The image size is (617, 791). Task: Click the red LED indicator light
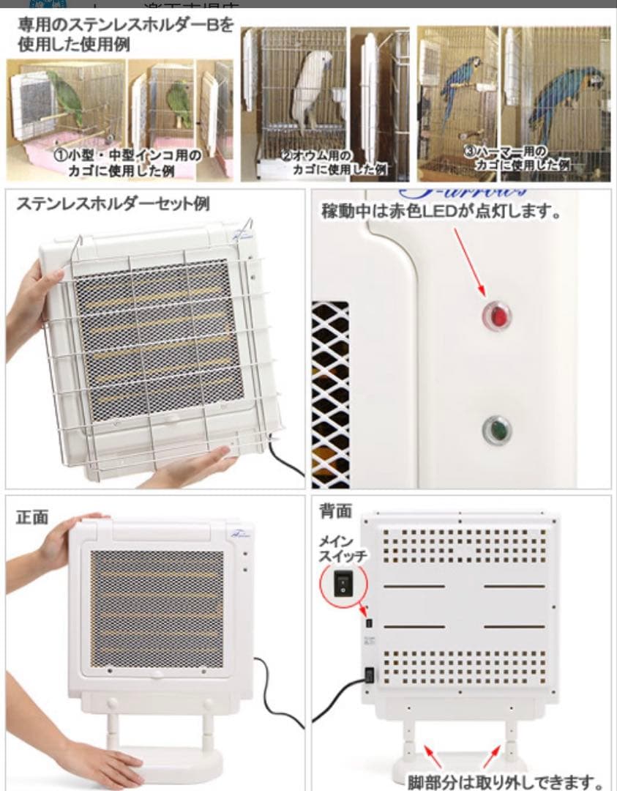click(x=497, y=316)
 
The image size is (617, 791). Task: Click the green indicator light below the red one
click(x=497, y=430)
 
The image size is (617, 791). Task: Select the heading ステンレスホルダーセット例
click(x=113, y=204)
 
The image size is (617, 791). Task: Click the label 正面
click(x=32, y=517)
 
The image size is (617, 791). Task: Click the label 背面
click(x=335, y=510)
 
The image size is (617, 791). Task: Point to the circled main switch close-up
click(x=343, y=583)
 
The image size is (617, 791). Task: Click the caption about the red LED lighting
click(x=441, y=212)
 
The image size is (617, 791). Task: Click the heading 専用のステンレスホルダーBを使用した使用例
click(x=121, y=34)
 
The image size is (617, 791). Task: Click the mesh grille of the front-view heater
click(x=157, y=609)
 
